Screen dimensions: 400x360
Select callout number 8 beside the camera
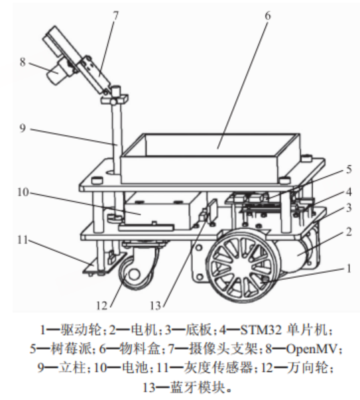pyautogui.click(x=22, y=63)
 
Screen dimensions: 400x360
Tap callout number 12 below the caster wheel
pyautogui.click(x=102, y=306)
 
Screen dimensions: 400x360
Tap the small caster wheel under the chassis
pyautogui.click(x=136, y=271)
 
